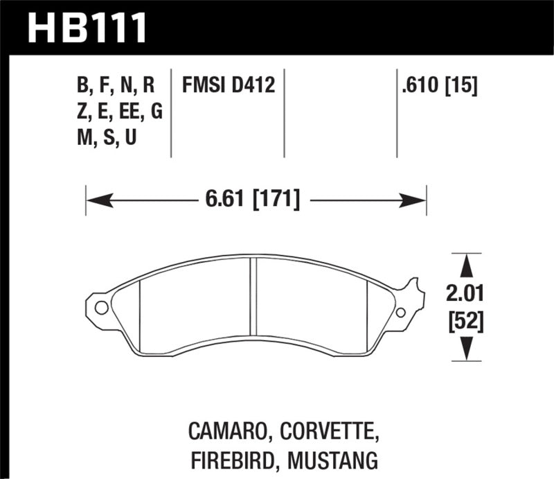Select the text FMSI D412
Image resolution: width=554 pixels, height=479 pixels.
(x=229, y=86)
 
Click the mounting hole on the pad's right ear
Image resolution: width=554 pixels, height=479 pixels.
(x=400, y=313)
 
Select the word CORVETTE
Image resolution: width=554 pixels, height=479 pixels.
(x=328, y=435)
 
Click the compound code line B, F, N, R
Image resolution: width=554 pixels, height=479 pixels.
(x=117, y=86)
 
